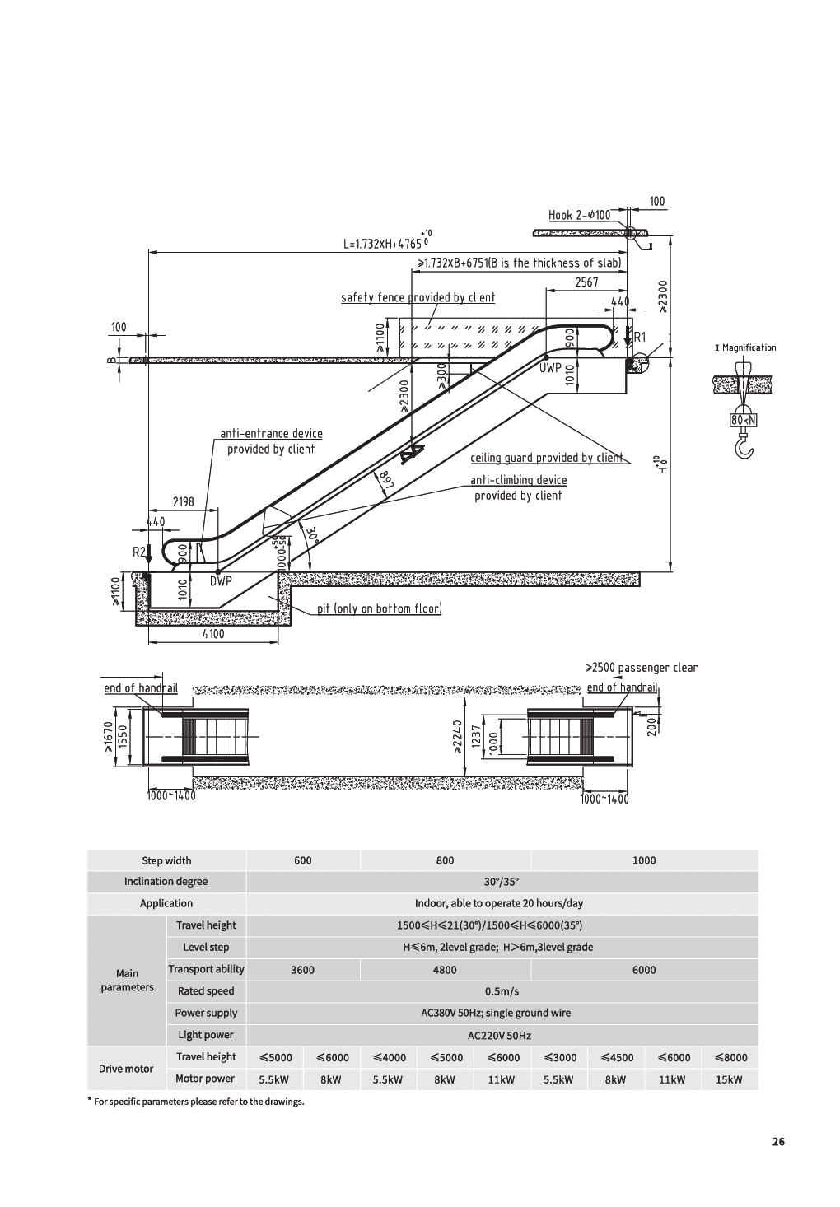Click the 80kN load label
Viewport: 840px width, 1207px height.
[x=743, y=421]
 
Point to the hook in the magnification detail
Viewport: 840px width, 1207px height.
[x=744, y=446]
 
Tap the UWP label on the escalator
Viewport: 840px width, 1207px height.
[x=549, y=367]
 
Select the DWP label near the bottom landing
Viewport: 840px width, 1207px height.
[x=220, y=581]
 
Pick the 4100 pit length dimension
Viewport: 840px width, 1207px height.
[x=212, y=634]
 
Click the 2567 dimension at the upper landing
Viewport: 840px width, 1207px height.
[x=586, y=282]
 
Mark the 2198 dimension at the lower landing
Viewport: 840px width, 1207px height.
[x=183, y=501]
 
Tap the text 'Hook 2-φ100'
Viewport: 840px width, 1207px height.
[x=580, y=216]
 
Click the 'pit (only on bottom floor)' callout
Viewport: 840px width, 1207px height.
[x=380, y=609]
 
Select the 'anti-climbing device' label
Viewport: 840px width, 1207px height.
[x=518, y=480]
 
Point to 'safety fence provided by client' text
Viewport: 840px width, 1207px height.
[x=418, y=297]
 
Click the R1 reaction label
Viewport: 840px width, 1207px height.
[x=639, y=338]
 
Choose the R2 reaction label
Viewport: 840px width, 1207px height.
[x=139, y=552]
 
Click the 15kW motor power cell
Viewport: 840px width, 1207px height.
[x=730, y=1079]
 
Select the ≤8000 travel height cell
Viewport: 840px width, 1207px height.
[x=730, y=1057]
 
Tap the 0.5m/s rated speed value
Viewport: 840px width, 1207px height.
[x=502, y=991]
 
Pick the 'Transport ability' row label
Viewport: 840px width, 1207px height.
[x=206, y=969]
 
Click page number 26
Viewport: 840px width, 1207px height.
[x=778, y=1142]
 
